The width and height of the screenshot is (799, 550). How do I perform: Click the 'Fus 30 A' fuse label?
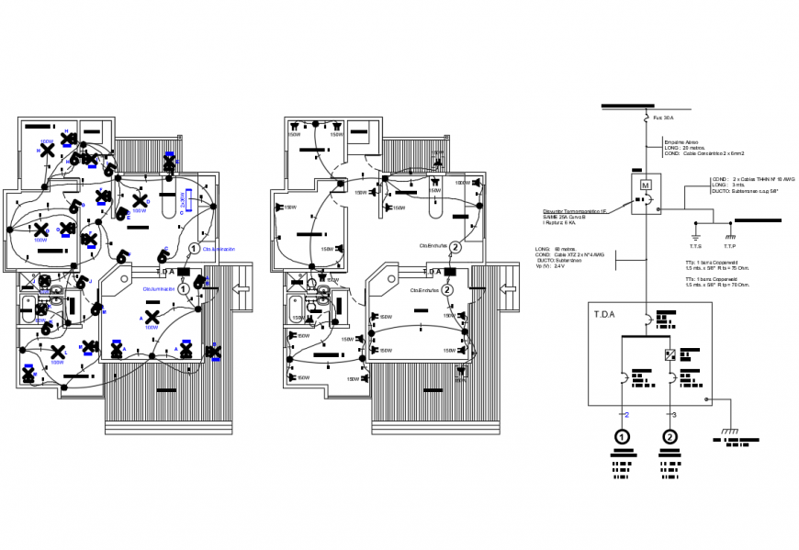(x=663, y=118)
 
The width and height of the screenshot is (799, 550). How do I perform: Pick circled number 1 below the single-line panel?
(x=624, y=437)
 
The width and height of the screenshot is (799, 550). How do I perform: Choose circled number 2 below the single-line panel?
(x=670, y=437)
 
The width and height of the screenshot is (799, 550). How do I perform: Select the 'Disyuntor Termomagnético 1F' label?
(x=573, y=211)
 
